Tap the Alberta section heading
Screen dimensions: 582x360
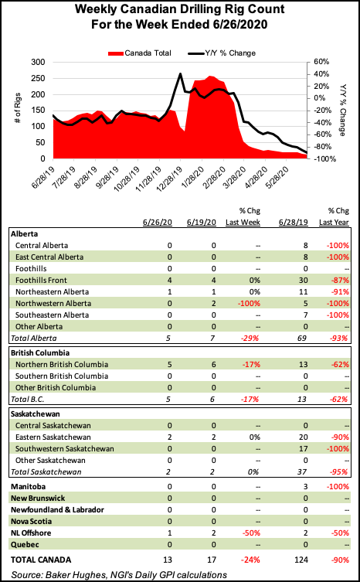tap(25, 233)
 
